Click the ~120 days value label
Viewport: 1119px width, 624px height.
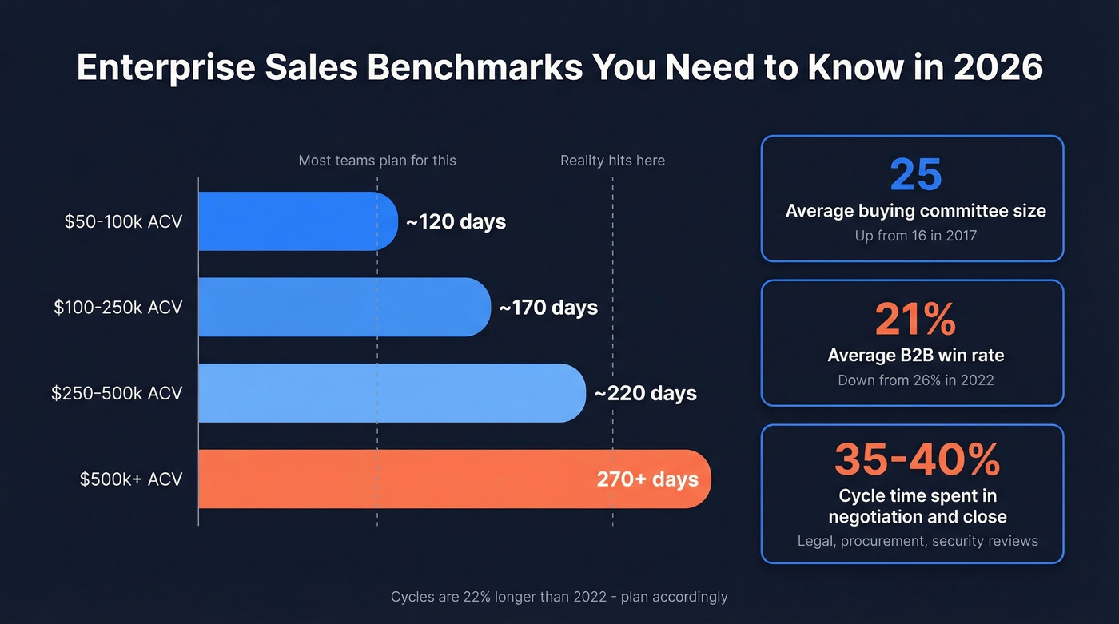456,221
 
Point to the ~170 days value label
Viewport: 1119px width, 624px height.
548,308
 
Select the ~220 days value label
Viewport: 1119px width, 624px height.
645,393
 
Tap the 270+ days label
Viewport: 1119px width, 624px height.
647,479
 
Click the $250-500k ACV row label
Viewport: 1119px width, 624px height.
117,393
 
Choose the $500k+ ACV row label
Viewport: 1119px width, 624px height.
131,479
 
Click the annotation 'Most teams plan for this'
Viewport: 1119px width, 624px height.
377,161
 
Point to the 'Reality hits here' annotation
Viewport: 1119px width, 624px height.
612,161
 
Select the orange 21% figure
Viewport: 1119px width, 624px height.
915,320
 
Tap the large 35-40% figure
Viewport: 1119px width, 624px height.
917,459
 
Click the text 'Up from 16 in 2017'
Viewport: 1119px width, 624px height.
915,236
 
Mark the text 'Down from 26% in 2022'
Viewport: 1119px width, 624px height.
915,380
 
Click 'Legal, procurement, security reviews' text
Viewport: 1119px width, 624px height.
918,541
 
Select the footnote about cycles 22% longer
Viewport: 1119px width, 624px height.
559,596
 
